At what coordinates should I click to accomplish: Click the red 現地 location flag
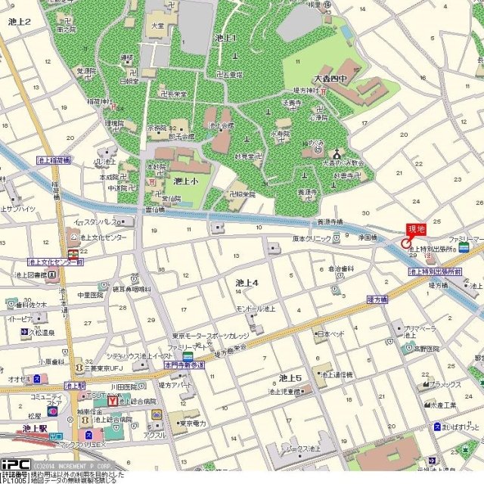[417, 229]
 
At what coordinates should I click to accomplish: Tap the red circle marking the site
[406, 244]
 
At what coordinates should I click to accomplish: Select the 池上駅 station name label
[35, 428]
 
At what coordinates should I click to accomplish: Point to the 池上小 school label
[185, 181]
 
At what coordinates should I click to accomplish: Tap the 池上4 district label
[247, 283]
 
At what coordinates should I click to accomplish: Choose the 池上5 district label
[290, 377]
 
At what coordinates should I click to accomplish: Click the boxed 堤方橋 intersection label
[377, 300]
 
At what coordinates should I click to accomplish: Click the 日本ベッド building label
[330, 334]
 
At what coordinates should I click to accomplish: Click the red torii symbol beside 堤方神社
[324, 91]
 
